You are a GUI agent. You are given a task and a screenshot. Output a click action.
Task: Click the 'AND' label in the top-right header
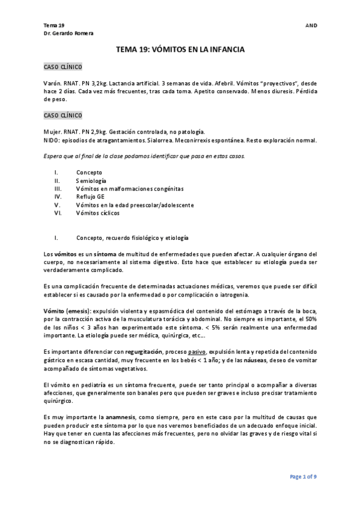coord(311,26)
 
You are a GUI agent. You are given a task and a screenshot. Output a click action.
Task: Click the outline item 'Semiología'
coord(91,180)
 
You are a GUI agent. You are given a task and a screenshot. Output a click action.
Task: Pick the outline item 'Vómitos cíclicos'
coord(97,213)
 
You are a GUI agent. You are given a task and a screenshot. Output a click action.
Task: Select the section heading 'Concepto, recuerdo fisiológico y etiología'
coord(132,238)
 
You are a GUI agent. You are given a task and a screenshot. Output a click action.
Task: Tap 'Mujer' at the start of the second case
coord(53,132)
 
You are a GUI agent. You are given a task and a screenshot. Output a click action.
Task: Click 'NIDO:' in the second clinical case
coord(54,140)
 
